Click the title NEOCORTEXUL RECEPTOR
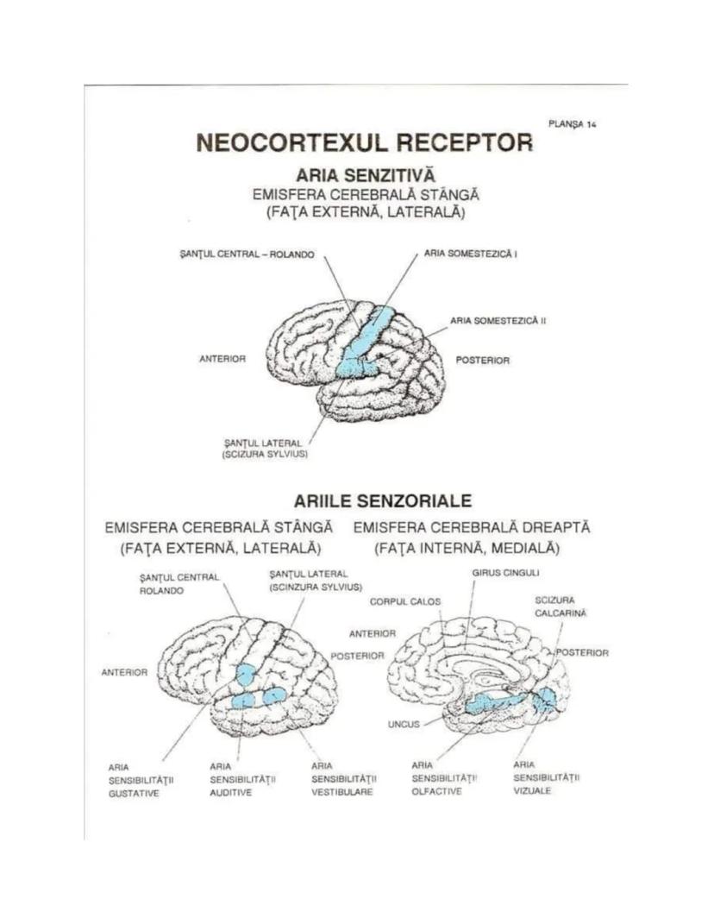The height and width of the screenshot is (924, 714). tap(364, 141)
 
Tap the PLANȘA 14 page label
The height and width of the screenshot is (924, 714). tap(573, 123)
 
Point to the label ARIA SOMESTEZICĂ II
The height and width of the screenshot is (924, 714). tap(498, 320)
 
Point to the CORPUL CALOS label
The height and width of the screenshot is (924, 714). tap(405, 600)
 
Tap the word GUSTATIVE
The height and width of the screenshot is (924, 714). tap(134, 793)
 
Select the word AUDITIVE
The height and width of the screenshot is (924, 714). tap(230, 792)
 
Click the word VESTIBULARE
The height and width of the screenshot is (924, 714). tap(342, 792)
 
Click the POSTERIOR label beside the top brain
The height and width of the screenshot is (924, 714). tap(482, 360)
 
